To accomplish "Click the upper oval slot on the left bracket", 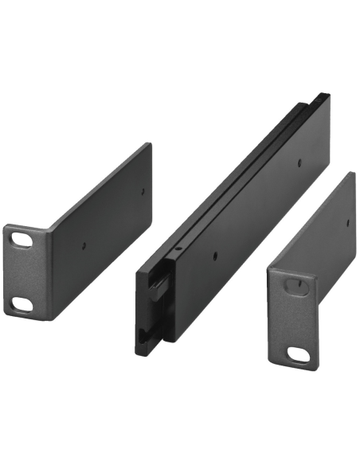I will coord(22,239).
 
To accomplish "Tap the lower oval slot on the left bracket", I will coord(22,303).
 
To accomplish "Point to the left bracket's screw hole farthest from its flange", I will coord(143,191).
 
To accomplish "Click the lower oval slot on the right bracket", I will coord(298,354).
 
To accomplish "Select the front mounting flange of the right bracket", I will coord(293,318).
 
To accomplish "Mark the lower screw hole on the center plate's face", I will coord(215,256).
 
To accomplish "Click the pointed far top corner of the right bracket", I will coord(353,173).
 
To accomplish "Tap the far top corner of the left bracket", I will coord(149,144).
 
